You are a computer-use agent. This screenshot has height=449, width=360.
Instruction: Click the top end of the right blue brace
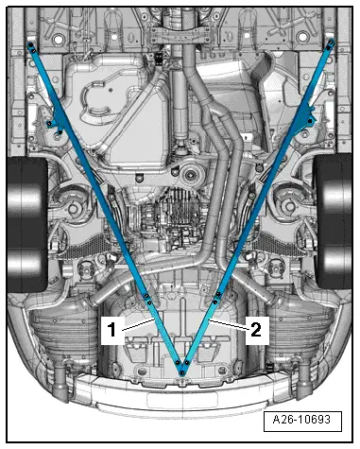pyautogui.click(x=331, y=44)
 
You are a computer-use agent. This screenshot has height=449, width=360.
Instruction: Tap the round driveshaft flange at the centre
pyautogui.click(x=195, y=175)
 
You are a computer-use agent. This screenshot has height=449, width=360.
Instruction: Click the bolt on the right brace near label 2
pyautogui.click(x=216, y=301)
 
